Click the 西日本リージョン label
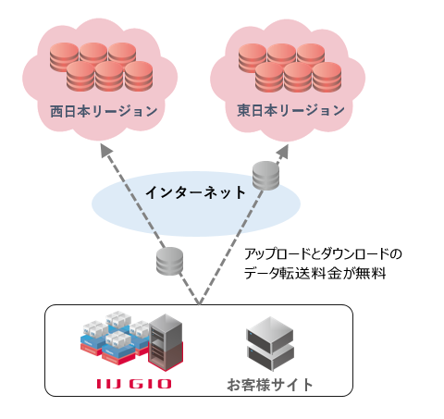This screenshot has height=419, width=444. pos(104,111)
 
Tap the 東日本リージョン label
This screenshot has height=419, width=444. pos(290,110)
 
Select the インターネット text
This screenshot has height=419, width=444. pos(195,192)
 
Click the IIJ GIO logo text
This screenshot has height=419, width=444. pos(134,384)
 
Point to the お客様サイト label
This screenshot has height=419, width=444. pos(270,385)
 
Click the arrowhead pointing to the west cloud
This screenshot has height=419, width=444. pos(106,151)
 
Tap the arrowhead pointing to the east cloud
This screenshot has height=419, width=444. pos(283,151)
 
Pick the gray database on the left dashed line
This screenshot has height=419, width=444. pos(169,261)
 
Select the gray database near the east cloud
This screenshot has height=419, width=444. pos(265,176)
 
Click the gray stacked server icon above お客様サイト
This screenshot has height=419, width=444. pos(270,343)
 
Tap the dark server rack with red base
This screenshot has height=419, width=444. pos(166,342)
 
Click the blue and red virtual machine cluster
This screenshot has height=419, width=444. pos(116,338)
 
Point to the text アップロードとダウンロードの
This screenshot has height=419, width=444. pos(323,254)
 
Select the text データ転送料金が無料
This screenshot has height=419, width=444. pos(314,273)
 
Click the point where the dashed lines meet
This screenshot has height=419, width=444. pos(199,303)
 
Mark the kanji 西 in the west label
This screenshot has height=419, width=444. pos(56,111)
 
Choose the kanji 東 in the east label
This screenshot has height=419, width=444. pos(243,110)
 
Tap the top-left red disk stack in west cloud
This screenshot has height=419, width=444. pos(64,57)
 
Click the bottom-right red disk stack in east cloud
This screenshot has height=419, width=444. pos(327,77)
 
